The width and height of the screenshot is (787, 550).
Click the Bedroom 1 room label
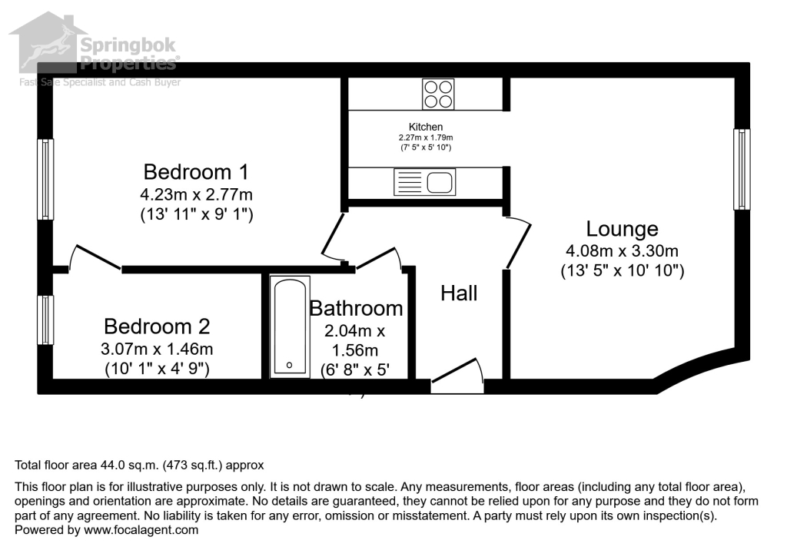(x=196, y=171)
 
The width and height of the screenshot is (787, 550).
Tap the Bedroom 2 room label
(x=157, y=326)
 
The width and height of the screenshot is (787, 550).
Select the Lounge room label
(x=622, y=229)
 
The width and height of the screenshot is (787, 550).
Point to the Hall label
(x=459, y=293)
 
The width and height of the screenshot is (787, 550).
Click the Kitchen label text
(x=425, y=127)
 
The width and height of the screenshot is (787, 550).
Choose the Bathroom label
(x=356, y=308)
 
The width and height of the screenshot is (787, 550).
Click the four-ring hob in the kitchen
(x=437, y=94)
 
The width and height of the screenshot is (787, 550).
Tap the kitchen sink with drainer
(x=423, y=183)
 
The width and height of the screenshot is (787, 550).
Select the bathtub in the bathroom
(x=290, y=326)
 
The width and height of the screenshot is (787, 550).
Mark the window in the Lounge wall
(x=741, y=169)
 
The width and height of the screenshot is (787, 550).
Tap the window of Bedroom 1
(x=46, y=180)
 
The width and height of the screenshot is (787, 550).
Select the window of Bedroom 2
(x=46, y=320)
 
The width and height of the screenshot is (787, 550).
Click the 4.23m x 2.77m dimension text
(x=196, y=194)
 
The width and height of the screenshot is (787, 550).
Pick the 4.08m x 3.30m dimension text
(x=622, y=250)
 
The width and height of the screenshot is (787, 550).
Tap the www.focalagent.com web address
(x=141, y=530)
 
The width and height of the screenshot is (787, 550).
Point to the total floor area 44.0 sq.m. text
(x=139, y=465)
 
